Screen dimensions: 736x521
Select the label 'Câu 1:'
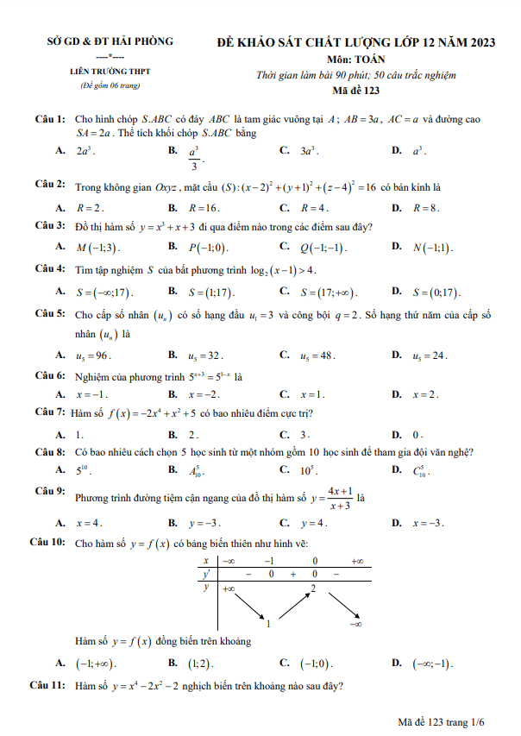[50, 117]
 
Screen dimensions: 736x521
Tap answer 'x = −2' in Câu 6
[204, 394]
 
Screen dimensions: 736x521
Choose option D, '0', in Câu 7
[417, 434]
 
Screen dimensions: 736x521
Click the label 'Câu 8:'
[50, 452]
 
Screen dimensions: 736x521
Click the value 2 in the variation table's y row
[314, 588]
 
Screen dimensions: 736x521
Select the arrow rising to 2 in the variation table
[293, 604]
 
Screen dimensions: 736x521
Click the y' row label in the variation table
[207, 573]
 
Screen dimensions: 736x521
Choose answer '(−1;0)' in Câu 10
[315, 664]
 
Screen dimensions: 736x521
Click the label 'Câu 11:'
[48, 686]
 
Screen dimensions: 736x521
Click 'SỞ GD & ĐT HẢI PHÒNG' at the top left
[110, 41]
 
